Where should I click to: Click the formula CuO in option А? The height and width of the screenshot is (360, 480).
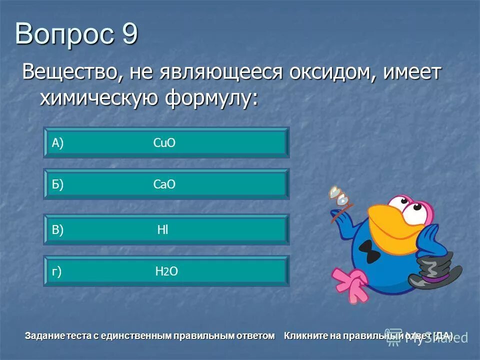click(164, 143)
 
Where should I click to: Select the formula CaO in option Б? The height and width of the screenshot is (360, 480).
click(164, 185)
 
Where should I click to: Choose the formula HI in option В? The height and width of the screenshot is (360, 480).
click(162, 230)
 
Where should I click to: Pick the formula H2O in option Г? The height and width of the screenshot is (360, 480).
click(166, 271)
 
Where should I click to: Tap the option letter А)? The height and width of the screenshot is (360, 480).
click(57, 143)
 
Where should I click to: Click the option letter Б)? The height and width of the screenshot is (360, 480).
click(57, 185)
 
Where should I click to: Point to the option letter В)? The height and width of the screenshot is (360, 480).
click(57, 230)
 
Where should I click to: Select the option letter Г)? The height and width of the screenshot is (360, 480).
click(57, 271)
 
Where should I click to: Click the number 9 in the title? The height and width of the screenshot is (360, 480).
click(128, 35)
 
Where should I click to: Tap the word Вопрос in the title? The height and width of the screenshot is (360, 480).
click(63, 35)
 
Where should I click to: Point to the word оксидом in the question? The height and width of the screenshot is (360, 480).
click(331, 73)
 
